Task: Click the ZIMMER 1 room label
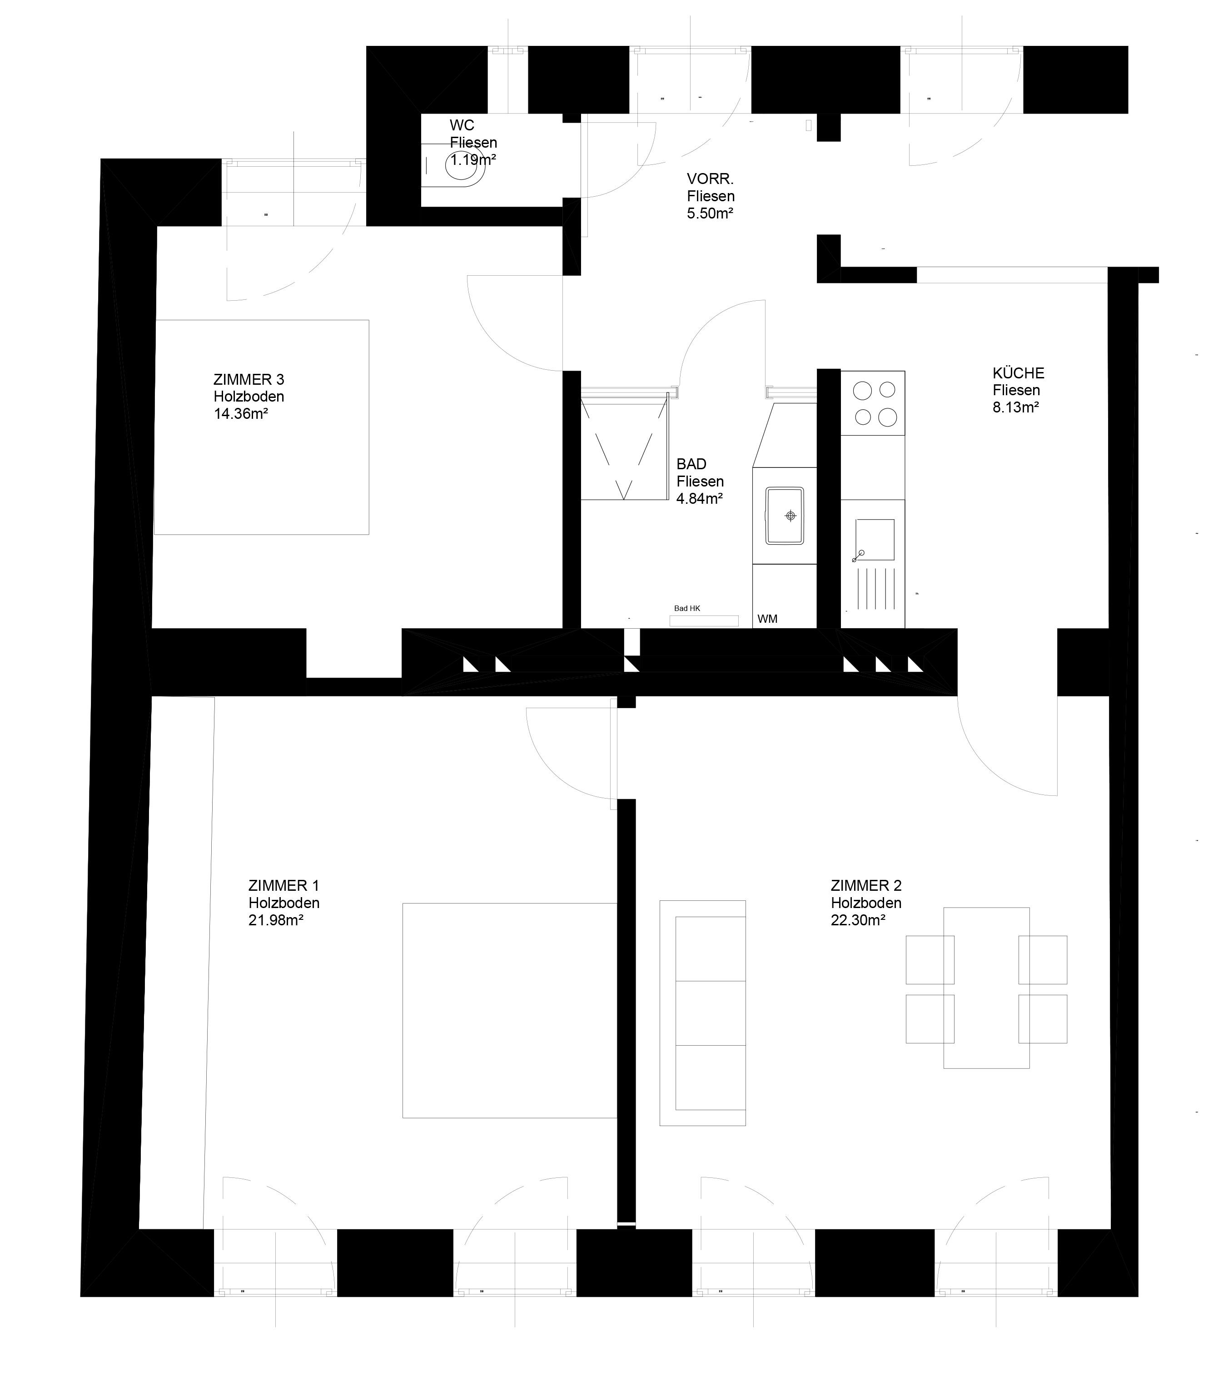click(x=283, y=885)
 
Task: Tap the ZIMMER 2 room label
click(x=865, y=885)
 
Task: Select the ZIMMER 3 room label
click(x=249, y=379)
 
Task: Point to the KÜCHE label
click(x=1018, y=373)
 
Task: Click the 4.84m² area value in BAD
click(x=700, y=499)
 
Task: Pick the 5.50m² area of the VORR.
click(x=710, y=213)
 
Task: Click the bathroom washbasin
click(x=784, y=516)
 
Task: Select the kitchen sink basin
click(x=875, y=540)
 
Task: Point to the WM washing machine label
click(x=767, y=619)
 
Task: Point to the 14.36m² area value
click(x=241, y=413)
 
